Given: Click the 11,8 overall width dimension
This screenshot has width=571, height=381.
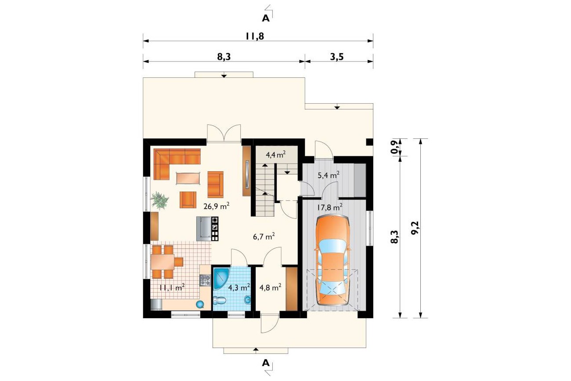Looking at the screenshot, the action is coord(255,36).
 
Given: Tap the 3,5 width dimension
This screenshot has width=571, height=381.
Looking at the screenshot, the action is coord(337,57).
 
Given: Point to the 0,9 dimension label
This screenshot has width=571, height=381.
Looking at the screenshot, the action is coord(394,147).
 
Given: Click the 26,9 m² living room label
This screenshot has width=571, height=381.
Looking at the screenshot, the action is coord(217,206).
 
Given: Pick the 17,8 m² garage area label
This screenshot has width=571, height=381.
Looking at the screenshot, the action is coord(329,207).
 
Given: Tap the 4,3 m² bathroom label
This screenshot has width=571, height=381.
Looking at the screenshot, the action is coord(239,287).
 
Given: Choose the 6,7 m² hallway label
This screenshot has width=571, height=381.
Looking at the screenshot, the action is coord(264,236).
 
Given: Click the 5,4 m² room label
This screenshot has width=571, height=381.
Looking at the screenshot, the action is coord(329,175).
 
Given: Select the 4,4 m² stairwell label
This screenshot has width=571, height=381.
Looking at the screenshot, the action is coord(275,155).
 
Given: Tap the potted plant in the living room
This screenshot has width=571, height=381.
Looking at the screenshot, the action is coord(159,201).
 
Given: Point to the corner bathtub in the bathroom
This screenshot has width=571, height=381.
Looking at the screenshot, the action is coord(221,278).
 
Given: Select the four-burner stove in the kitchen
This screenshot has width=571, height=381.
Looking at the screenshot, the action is coord(205,280).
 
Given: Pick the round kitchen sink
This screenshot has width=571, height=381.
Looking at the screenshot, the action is coord(200,304).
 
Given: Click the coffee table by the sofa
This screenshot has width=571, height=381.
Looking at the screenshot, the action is coord(188,178).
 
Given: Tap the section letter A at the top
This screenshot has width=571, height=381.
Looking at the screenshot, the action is coord(266,18).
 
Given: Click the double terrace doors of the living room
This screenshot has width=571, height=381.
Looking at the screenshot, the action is coord(224,133).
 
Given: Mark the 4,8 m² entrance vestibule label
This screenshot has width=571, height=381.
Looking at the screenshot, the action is coord(270,287).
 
